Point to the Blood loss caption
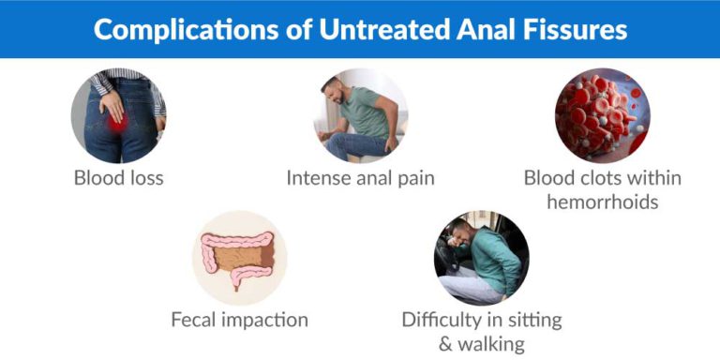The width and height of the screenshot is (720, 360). coord(118,177)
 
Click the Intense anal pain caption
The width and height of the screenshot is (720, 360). coord(360,177)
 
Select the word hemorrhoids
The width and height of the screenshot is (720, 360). coord(602,202)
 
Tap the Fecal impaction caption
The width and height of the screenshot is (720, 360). coord(239,320)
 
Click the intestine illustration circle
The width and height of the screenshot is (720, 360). coord(239,258)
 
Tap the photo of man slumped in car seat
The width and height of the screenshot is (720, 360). coord(481,258)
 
